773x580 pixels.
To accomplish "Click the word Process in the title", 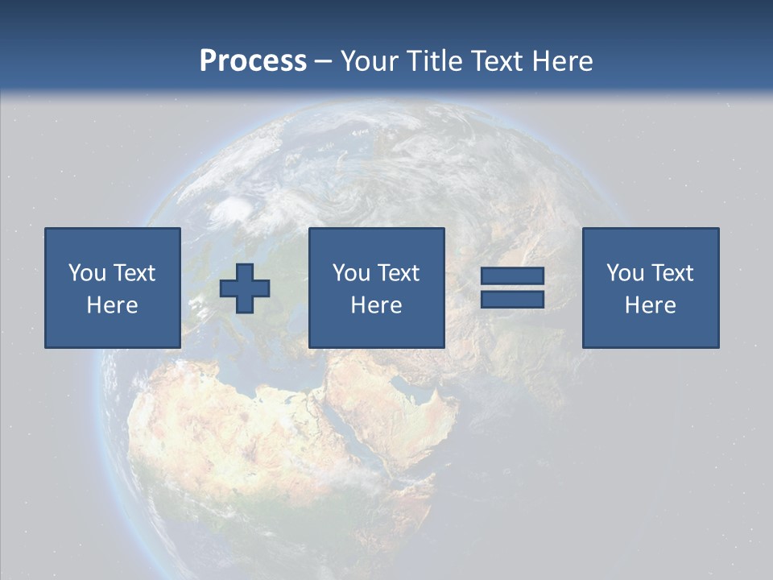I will click(253, 61).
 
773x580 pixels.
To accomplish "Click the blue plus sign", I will click(245, 288).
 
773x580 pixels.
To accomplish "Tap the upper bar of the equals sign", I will click(512, 276).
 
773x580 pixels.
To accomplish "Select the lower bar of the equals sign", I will click(512, 300).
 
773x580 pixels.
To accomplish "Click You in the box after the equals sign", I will click(625, 273).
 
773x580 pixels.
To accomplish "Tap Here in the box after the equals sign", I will click(651, 305).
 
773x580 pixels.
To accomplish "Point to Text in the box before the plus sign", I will click(134, 273).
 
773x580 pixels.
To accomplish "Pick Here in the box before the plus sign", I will click(113, 305).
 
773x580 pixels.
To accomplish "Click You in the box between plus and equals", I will click(351, 273).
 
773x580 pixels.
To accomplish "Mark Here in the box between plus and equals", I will click(376, 305).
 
